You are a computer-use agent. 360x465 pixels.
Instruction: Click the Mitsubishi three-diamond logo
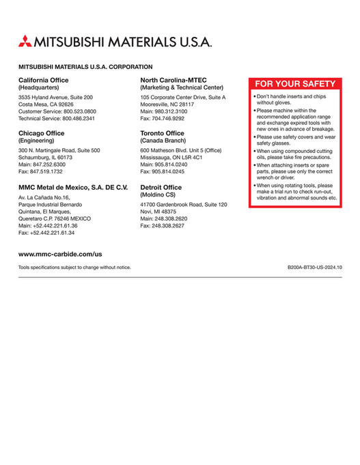(x=25, y=40)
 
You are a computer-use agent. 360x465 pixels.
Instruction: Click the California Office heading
(x=44, y=80)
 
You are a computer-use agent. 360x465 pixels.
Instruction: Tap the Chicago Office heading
(x=42, y=133)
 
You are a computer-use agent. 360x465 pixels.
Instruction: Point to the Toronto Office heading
(x=162, y=133)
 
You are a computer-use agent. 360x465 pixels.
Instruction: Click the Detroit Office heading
(x=161, y=187)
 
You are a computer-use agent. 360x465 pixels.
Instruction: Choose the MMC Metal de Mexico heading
(x=73, y=187)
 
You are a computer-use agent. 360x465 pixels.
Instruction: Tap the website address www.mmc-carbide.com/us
(x=60, y=253)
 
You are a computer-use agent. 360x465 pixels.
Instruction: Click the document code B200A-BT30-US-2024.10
(x=315, y=268)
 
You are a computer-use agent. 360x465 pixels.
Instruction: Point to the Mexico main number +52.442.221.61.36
(x=48, y=225)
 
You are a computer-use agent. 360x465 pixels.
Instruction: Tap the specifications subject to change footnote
(x=74, y=268)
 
